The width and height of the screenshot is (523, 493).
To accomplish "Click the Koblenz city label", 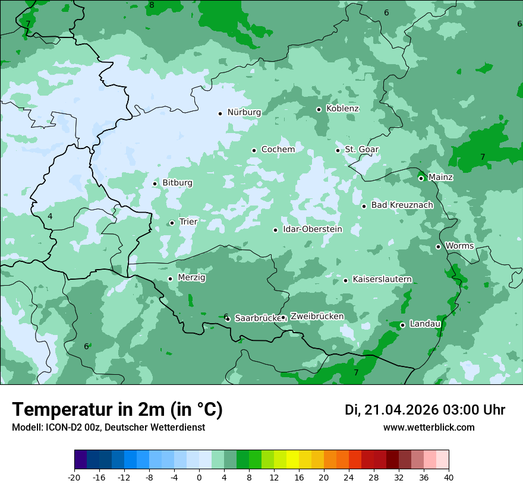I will coord(342,109).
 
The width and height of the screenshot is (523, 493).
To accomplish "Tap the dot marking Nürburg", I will coord(220,113).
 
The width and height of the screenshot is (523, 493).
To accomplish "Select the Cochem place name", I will coord(278,150).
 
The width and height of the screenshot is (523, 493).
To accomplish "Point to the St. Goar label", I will coord(362,150).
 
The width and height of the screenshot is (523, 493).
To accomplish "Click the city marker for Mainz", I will coord(421,178).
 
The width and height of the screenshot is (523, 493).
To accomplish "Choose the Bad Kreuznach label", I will coord(402,206).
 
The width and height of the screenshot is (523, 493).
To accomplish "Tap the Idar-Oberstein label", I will coord(312,229).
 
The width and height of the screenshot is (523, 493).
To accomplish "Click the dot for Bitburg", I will coord(155,184).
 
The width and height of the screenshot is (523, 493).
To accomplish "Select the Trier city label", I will coord(188,222).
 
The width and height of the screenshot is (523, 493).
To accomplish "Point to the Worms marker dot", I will coord(438,246).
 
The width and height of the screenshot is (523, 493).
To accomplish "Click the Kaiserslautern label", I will coord(382,280).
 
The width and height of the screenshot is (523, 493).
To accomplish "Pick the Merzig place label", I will coord(191,278).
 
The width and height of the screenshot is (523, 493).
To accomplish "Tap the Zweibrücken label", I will coord(317,317).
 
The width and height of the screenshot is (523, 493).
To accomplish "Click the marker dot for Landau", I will coord(402,325).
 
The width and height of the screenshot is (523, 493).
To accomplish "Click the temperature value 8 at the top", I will coord(152,5).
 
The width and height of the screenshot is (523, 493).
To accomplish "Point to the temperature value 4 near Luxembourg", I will coord(50,216).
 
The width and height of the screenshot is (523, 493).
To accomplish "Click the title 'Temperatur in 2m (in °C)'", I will coord(117,410).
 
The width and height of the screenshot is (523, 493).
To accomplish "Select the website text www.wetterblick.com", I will coord(429,428).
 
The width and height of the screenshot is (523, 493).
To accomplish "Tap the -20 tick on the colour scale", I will coord(74,478).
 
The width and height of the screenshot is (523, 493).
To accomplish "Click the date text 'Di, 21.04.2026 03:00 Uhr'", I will coord(425,410).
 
